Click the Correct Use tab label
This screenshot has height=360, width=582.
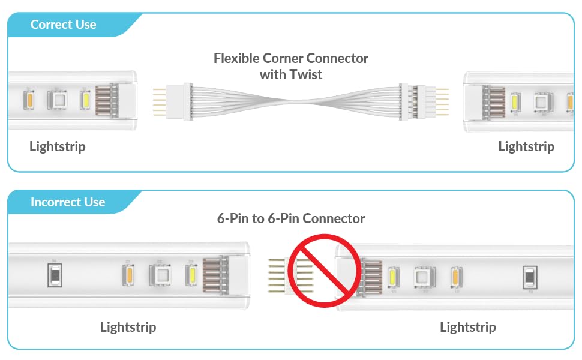pyautogui.click(x=63, y=25)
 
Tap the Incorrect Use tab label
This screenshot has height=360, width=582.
pyautogui.click(x=67, y=202)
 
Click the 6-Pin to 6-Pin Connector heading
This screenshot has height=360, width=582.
pyautogui.click(x=291, y=218)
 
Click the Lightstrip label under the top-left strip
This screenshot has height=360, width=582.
pyautogui.click(x=58, y=146)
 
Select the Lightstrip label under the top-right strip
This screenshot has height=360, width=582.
pyautogui.click(x=526, y=146)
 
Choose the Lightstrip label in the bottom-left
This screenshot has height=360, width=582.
pyautogui.click(x=128, y=327)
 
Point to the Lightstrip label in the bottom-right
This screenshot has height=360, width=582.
pyautogui.click(x=468, y=327)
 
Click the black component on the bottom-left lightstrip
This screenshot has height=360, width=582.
pyautogui.click(x=54, y=275)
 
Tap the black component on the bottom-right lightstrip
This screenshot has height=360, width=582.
pyautogui.click(x=530, y=277)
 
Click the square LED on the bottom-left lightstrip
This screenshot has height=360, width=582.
pyautogui.click(x=160, y=275)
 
